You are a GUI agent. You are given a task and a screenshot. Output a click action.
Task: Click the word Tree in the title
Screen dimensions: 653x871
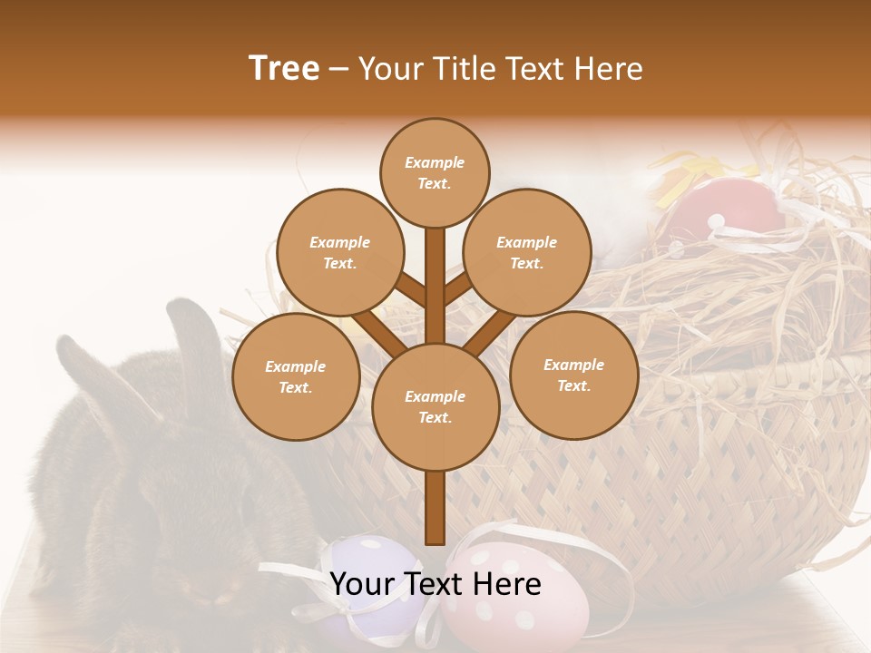tap(284, 69)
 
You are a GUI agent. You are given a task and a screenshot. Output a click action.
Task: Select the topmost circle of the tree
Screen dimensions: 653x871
tap(435, 172)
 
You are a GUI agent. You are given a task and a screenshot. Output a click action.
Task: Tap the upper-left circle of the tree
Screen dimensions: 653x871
tap(339, 252)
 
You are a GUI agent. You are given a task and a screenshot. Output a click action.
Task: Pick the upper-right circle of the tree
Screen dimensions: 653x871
tap(527, 252)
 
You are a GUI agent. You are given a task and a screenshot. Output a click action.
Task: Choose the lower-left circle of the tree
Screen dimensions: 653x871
tap(296, 376)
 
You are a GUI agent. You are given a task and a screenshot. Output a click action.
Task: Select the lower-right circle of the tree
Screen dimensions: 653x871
tap(573, 375)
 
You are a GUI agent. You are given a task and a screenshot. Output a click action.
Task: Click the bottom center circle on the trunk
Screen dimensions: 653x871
tap(435, 406)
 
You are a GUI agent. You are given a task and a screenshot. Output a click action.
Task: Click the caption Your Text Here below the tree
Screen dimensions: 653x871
tap(435, 584)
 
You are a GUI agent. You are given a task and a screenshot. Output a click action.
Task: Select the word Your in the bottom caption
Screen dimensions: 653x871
tap(363, 584)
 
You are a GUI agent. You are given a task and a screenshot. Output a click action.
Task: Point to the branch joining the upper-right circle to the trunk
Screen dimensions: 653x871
tap(457, 290)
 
